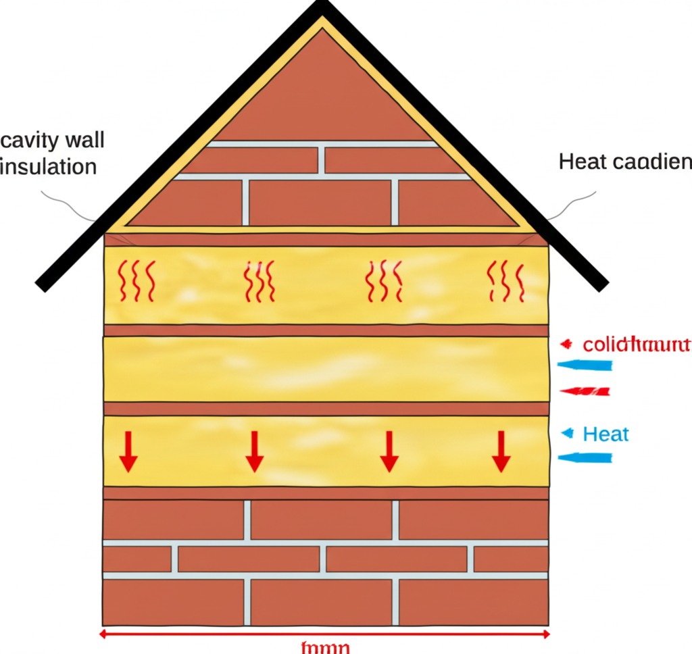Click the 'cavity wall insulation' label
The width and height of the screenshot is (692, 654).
click(53, 153)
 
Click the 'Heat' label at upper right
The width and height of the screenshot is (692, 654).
click(624, 162)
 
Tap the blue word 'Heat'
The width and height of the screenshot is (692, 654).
click(605, 434)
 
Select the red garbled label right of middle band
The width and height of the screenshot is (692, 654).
click(636, 345)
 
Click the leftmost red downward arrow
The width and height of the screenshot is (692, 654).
click(128, 451)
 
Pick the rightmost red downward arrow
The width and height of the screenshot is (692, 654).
click(501, 451)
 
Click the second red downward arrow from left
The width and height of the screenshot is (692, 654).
click(254, 451)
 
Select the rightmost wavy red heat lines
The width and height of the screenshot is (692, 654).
click(505, 280)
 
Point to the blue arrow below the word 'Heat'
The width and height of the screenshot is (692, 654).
click(585, 458)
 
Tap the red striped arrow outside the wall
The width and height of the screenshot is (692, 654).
click(585, 391)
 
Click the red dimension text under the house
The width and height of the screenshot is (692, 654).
click(324, 647)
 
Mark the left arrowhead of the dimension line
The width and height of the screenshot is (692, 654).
click(103, 634)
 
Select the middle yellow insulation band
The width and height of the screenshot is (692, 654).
click(325, 369)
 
